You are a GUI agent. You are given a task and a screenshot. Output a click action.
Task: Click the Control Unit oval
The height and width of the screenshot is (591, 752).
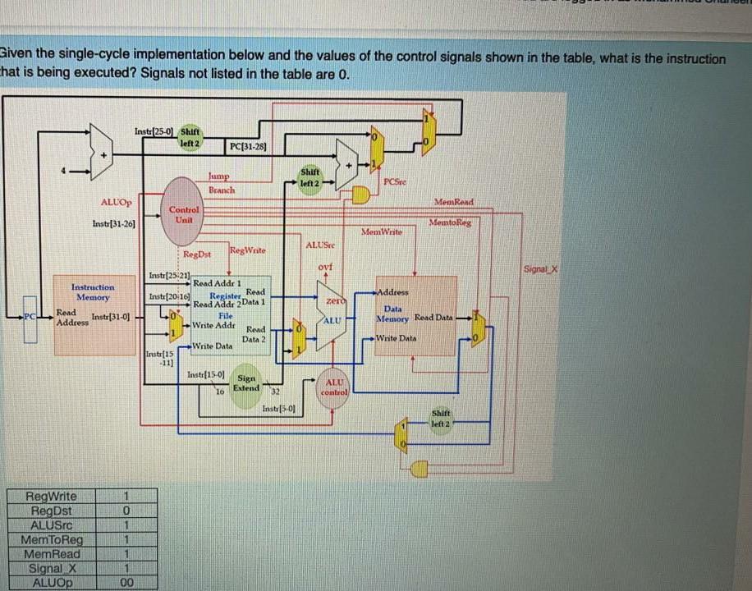185,215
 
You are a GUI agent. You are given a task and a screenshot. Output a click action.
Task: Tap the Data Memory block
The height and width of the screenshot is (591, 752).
415,316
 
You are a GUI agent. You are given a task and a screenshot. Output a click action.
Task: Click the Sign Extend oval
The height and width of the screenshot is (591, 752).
245,383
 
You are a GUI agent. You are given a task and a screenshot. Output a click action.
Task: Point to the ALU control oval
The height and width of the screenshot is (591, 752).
334,388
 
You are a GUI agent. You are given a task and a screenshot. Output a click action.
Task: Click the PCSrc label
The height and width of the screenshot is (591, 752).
396,181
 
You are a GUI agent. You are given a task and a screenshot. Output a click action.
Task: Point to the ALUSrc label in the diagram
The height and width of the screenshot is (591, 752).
319,244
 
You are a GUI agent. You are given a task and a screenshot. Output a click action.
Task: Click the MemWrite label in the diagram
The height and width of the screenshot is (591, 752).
382,232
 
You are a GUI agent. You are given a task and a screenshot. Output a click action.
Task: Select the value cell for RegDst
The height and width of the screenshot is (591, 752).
126,511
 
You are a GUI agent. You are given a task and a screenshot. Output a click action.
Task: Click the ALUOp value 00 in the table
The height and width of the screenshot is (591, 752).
126,583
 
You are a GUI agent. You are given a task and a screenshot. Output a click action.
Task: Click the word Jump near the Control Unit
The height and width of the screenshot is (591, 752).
218,176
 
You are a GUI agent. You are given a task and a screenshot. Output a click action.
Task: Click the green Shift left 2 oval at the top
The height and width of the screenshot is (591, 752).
190,135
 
